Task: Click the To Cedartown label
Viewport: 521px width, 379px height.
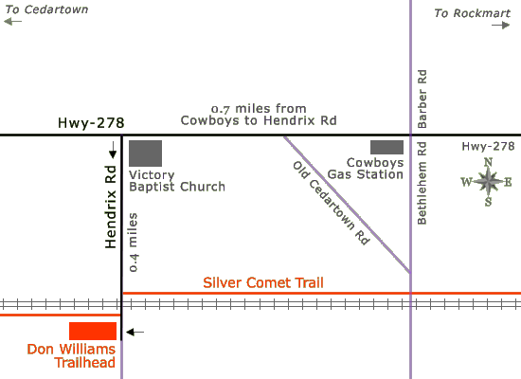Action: tap(46, 9)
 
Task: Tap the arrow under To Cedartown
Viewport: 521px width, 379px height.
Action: tap(12, 22)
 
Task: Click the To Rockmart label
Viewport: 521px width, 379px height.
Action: tap(472, 13)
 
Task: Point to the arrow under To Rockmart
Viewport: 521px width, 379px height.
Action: tap(501, 25)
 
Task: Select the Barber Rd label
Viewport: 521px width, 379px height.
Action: tap(422, 99)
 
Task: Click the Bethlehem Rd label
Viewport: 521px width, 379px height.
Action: tap(422, 183)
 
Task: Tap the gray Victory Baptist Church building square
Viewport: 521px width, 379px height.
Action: tap(146, 153)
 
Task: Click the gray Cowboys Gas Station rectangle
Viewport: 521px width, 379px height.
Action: tap(387, 147)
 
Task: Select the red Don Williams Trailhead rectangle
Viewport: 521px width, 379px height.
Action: tap(93, 331)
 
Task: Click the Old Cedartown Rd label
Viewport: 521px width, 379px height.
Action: tap(331, 204)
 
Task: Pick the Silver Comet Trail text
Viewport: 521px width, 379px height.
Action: tap(263, 282)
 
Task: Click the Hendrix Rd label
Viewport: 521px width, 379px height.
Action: tap(111, 207)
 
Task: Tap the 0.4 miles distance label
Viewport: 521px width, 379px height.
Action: tap(133, 243)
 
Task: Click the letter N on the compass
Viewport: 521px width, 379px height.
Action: tap(488, 162)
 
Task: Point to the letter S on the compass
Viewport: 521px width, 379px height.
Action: tap(488, 202)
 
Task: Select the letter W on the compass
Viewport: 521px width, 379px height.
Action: tap(466, 182)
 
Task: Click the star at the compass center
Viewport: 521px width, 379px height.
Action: tap(488, 182)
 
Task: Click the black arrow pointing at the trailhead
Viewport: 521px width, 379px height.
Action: tap(135, 332)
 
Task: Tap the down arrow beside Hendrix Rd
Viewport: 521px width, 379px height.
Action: tap(113, 150)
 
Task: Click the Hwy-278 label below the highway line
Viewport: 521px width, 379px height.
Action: tap(488, 146)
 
